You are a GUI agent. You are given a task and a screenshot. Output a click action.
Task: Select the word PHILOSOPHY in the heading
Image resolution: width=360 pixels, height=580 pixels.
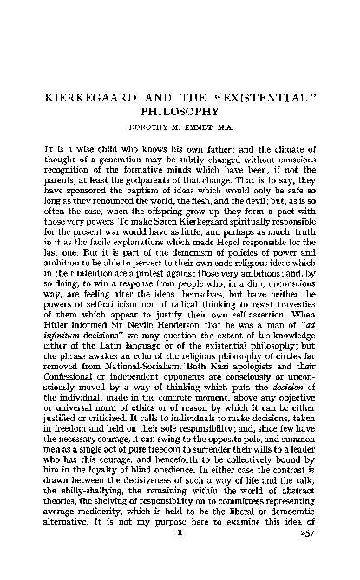point(181,110)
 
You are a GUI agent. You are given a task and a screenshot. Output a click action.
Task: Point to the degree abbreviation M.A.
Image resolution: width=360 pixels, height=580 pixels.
point(226,127)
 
